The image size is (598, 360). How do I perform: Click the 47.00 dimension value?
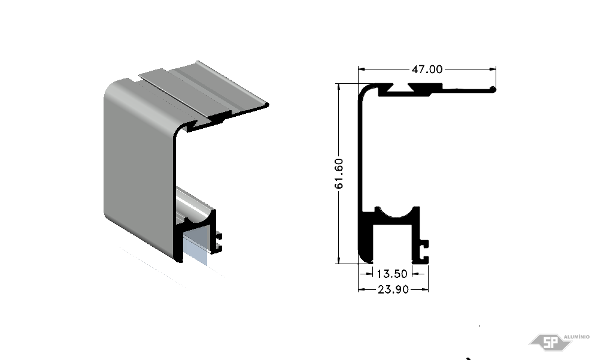(427, 69)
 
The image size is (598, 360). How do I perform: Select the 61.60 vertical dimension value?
(339, 173)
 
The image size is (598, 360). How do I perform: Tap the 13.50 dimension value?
(392, 274)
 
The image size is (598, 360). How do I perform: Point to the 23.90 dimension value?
(393, 290)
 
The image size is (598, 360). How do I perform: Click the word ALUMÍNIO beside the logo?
(576, 337)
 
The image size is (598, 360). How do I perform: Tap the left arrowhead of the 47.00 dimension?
(362, 69)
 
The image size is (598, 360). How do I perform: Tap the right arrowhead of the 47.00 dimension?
(492, 69)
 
